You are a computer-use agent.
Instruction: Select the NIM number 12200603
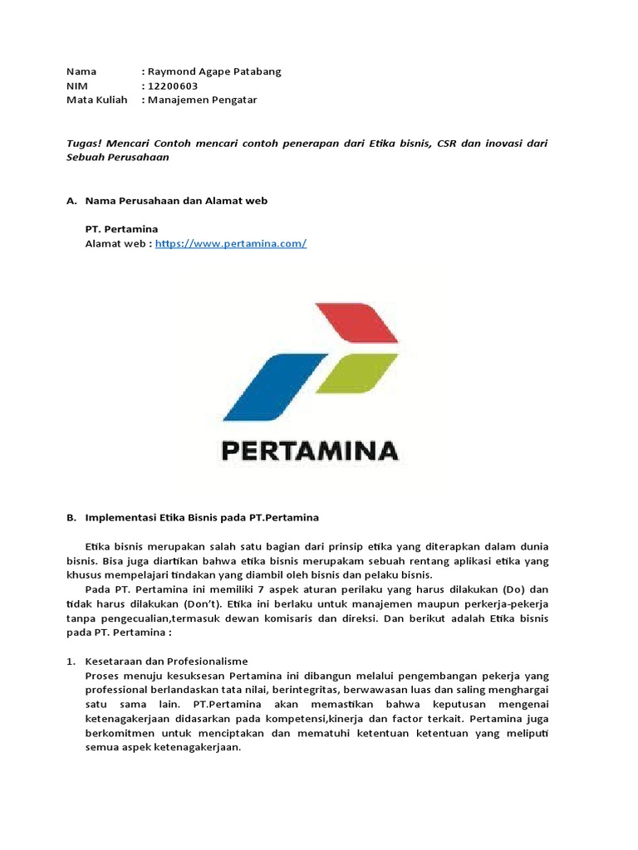(x=173, y=85)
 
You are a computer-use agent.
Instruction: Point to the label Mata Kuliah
(x=96, y=100)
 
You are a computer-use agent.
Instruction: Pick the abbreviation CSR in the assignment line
(x=449, y=143)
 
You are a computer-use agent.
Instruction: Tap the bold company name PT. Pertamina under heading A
(x=121, y=228)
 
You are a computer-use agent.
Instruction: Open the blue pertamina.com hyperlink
(x=230, y=243)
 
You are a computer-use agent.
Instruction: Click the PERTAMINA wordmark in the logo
(x=309, y=451)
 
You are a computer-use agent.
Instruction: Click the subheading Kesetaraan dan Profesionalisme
(x=167, y=662)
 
